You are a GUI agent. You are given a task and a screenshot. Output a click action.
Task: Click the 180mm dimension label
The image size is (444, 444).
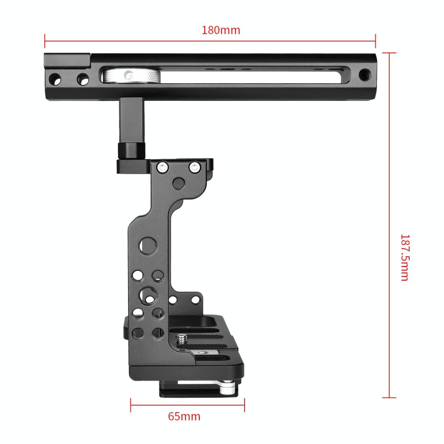pyautogui.click(x=221, y=30)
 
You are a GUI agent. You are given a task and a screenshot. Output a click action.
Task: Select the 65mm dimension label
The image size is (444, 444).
pyautogui.click(x=184, y=416)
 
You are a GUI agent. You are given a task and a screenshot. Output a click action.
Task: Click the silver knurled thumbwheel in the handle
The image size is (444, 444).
pyautogui.click(x=131, y=76)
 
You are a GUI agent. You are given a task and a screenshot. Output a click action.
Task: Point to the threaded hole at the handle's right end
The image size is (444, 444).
pyautogui.click(x=365, y=74)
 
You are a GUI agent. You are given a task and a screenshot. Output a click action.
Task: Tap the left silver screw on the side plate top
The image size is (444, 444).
pyautogui.click(x=162, y=167)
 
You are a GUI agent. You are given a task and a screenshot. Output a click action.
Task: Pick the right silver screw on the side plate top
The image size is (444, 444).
pyautogui.click(x=195, y=166)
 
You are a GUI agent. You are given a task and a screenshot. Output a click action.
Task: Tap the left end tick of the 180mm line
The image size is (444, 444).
pyautogui.click(x=45, y=40)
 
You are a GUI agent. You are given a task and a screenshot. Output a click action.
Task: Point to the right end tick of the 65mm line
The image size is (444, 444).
pyautogui.click(x=245, y=405)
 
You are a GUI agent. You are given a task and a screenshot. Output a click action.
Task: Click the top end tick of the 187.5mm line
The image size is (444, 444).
pyautogui.click(x=389, y=52)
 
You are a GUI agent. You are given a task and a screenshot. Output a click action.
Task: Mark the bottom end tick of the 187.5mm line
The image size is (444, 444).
pyautogui.click(x=389, y=398)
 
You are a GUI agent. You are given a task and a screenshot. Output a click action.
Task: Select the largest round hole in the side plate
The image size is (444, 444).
pyautogui.click(x=147, y=245)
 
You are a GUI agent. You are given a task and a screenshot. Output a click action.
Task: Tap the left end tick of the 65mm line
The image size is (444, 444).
pyautogui.click(x=130, y=405)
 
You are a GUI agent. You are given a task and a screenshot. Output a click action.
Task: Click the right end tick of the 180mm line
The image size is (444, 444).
pyautogui.click(x=375, y=40)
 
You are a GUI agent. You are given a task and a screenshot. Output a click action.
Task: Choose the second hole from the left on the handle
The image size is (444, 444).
pyautogui.click(x=83, y=78)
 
